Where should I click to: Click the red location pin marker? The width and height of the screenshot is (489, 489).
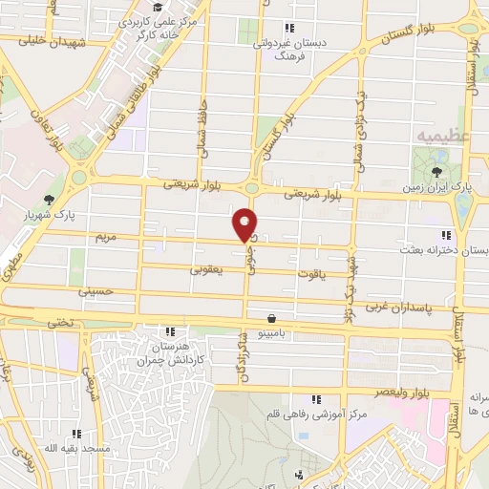point(245,223)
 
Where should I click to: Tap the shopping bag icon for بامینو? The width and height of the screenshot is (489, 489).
point(273,318)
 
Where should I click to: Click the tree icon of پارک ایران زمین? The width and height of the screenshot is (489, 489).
point(436,173)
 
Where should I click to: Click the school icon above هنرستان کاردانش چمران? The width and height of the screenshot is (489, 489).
point(169,330)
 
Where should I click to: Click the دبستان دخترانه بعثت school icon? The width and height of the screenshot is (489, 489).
point(445,235)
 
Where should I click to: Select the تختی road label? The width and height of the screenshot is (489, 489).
point(60,323)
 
